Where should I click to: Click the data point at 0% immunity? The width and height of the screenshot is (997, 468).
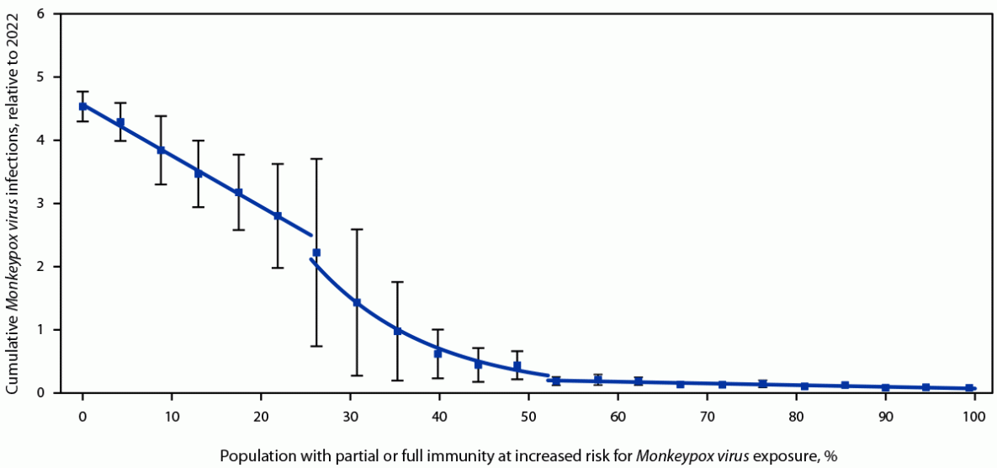click(x=82, y=106)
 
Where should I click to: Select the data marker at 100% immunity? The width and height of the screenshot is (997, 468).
click(x=969, y=388)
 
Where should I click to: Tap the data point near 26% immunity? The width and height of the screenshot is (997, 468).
click(x=316, y=253)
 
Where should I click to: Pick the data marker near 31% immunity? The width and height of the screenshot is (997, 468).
click(x=356, y=302)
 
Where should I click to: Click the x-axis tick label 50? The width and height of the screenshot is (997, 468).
click(x=528, y=415)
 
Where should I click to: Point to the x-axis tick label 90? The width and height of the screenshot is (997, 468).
click(x=885, y=415)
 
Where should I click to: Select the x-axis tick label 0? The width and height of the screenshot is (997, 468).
click(x=82, y=415)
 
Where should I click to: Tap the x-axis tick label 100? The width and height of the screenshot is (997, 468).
click(x=974, y=415)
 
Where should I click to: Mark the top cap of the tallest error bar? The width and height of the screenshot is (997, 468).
click(x=316, y=158)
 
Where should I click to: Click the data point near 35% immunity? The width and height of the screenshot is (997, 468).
click(x=397, y=331)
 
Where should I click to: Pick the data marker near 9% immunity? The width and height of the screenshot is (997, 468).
click(x=161, y=150)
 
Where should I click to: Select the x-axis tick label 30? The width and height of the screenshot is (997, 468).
click(x=350, y=415)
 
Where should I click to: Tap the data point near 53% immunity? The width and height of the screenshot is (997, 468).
click(x=556, y=380)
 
